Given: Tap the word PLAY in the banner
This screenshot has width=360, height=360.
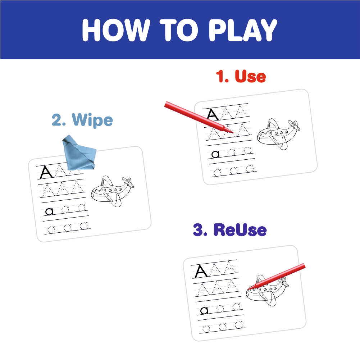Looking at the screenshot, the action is click(x=243, y=30).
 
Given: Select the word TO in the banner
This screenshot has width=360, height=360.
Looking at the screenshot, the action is click(x=179, y=30).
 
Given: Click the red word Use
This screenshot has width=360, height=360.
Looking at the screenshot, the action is click(x=250, y=76).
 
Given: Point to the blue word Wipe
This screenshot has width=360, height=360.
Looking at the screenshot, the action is click(x=92, y=120).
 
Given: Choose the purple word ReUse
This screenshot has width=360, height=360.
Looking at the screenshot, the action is click(x=240, y=229).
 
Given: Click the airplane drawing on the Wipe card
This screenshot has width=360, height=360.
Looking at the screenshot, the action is click(x=112, y=191).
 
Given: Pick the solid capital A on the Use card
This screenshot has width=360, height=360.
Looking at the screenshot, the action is click(x=213, y=115).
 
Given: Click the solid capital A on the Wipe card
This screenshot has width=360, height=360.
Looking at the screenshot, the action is click(x=46, y=172).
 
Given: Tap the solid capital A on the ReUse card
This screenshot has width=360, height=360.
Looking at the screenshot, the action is click(x=201, y=271).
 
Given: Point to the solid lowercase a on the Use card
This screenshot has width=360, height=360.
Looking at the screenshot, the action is click(x=215, y=154).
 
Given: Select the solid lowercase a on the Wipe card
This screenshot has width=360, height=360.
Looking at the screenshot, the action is click(x=49, y=211).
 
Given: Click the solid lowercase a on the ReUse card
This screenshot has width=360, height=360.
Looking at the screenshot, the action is click(x=204, y=310).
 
